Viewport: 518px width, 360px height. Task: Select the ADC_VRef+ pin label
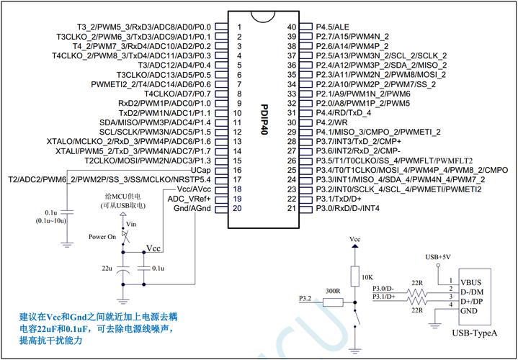click(189, 198)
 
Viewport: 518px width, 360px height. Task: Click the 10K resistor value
click(367, 276)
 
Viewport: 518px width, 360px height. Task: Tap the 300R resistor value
click(331, 290)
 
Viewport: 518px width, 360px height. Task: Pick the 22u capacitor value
click(107, 268)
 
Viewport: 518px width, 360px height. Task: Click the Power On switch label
click(102, 236)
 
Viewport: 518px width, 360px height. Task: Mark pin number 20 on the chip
click(237, 208)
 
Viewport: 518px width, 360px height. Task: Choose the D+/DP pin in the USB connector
click(473, 301)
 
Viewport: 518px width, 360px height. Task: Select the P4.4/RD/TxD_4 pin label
click(344, 112)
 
